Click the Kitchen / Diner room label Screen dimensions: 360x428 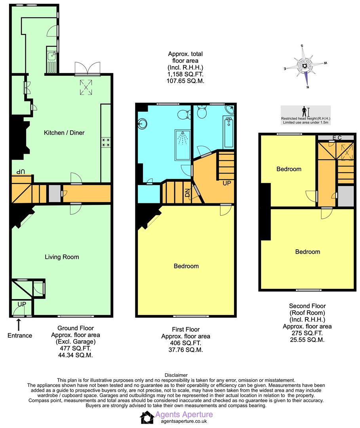[64, 133]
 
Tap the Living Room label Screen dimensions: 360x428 [62, 257]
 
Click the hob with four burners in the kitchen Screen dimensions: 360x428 [106, 142]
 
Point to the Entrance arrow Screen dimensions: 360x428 [19, 325]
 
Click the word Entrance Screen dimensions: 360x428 [20, 336]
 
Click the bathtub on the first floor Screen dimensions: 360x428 [229, 132]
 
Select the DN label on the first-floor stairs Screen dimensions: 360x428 [187, 193]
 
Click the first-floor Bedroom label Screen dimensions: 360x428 [186, 266]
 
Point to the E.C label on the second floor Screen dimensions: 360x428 [337, 138]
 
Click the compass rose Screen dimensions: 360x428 [305, 66]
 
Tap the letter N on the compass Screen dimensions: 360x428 [308, 87]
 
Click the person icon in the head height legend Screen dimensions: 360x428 [305, 111]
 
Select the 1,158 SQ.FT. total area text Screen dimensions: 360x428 [185, 74]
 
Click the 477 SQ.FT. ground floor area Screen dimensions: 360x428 [76, 348]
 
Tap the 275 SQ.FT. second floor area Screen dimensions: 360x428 [307, 333]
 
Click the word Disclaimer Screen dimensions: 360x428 [176, 375]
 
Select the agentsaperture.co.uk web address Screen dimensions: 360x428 [184, 421]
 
